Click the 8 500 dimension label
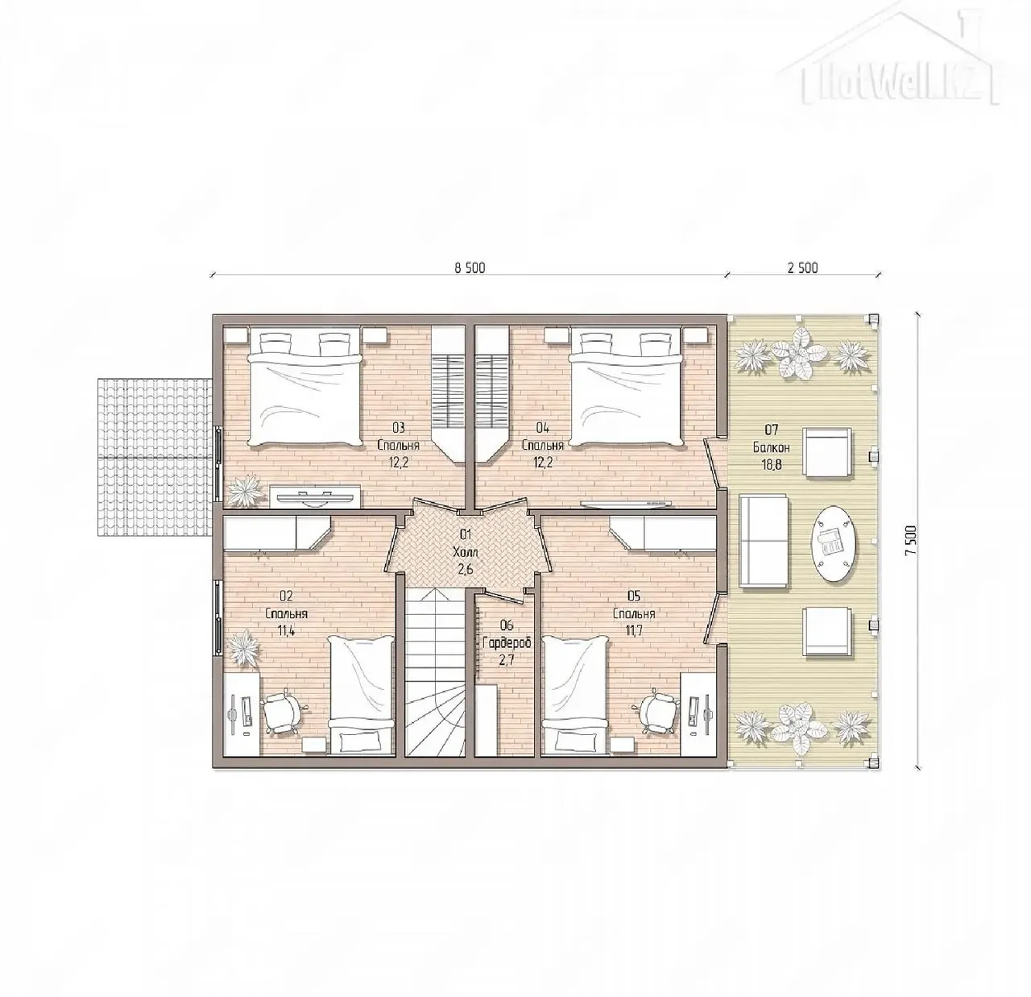[x=470, y=268]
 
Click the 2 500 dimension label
[x=803, y=268]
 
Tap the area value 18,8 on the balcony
[x=772, y=465]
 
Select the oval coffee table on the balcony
[x=834, y=544]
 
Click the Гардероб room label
[x=507, y=643]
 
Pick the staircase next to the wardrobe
[x=436, y=673]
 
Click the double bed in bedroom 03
[x=306, y=388]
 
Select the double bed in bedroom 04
[x=625, y=388]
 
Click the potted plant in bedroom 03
[x=244, y=490]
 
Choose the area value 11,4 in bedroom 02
[x=286, y=631]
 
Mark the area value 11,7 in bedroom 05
[x=634, y=631]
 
